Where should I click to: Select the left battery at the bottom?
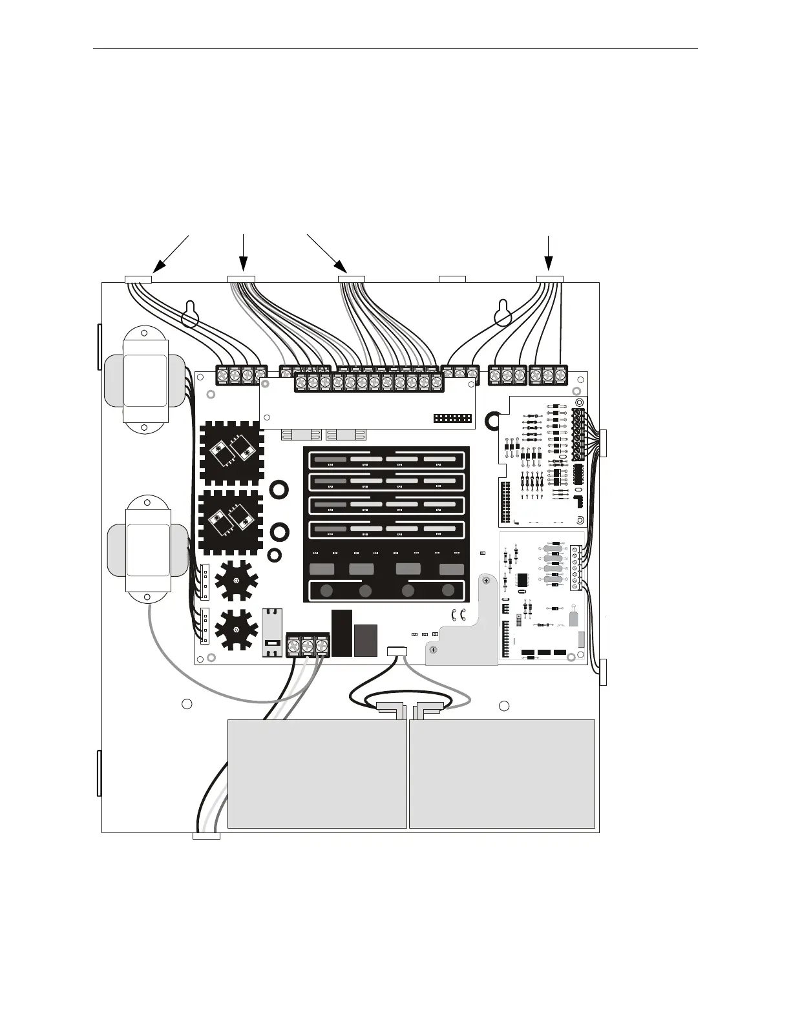point(317,774)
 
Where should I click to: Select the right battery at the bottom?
point(502,774)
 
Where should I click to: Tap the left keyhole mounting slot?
point(189,315)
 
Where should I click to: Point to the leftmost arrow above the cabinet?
point(171,252)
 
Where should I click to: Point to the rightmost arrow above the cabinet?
point(549,253)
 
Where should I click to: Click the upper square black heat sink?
point(231,453)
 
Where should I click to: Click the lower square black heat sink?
point(231,522)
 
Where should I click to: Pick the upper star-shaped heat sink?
point(236,579)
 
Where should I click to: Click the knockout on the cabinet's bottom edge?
point(207,836)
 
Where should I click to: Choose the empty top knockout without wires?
point(452,279)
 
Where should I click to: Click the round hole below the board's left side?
point(186,703)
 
